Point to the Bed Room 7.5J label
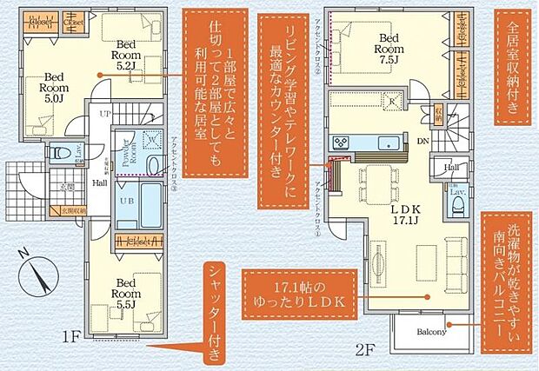389,43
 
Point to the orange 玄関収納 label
72,209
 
